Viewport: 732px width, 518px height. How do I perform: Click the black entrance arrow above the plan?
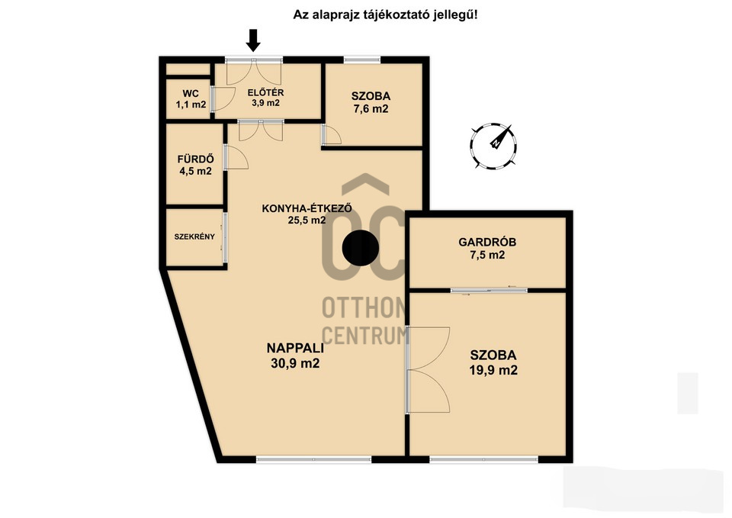pos(253,40)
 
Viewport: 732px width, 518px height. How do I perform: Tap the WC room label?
pos(191,93)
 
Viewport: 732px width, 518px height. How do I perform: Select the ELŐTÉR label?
pos(265,92)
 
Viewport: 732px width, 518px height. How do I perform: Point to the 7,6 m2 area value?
pos(371,109)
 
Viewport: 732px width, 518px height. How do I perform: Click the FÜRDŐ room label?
pos(196,159)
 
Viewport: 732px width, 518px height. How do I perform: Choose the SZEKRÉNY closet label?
pos(194,236)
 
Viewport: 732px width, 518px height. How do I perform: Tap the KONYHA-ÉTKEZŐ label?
pos(307,208)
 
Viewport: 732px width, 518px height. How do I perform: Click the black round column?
pos(360,249)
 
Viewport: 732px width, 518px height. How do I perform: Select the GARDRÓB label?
pos(487,242)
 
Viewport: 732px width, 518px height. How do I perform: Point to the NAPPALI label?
pos(295,348)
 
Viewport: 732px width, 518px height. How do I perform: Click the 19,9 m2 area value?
pos(493,371)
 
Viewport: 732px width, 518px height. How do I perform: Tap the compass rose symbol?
pos(493,146)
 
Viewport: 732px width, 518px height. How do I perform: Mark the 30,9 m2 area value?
pos(295,363)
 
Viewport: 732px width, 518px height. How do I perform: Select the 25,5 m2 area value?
pos(307,220)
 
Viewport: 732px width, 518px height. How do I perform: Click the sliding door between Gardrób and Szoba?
pos(489,291)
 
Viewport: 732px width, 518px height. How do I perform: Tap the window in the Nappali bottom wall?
pos(313,459)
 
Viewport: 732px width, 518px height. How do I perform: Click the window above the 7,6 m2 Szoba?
pos(362,60)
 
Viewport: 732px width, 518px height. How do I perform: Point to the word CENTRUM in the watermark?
pos(365,336)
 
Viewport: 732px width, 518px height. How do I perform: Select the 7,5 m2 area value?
pos(487,255)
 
